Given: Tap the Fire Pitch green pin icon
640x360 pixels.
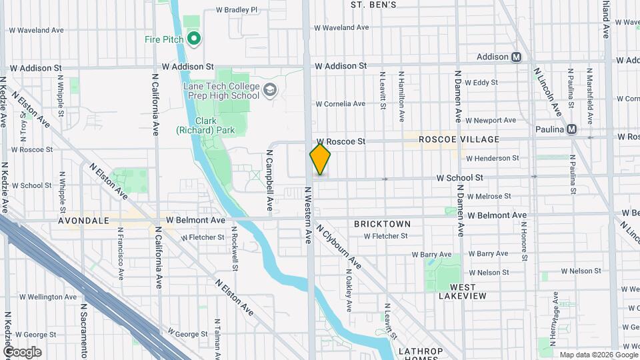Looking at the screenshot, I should [194, 39].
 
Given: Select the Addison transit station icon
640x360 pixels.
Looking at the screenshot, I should [516, 57].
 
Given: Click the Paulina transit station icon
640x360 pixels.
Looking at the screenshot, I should [571, 129].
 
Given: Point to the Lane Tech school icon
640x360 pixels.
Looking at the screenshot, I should [270, 91].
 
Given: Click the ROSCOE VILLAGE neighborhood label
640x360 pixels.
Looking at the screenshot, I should [459, 139].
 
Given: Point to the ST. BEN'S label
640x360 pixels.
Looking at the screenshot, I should [373, 5].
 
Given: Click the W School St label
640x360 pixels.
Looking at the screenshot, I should [459, 178].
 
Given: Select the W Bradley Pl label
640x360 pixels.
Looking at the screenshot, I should [237, 10].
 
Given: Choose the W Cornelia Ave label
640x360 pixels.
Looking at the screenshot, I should [340, 104].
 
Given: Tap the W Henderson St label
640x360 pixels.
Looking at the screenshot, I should [492, 158].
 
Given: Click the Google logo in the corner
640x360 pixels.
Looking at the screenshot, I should [22, 351].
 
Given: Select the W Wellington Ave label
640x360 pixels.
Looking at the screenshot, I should [48, 297].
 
